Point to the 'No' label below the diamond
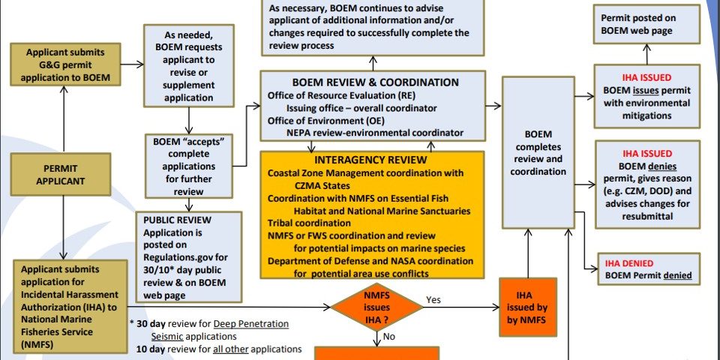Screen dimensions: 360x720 pos(389,337)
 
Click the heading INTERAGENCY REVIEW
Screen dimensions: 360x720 pos(370,160)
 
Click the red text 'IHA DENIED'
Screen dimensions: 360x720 pos(628,263)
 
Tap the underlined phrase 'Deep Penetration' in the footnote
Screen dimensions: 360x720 pos(250,324)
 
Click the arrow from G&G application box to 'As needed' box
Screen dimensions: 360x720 pos(132,64)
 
